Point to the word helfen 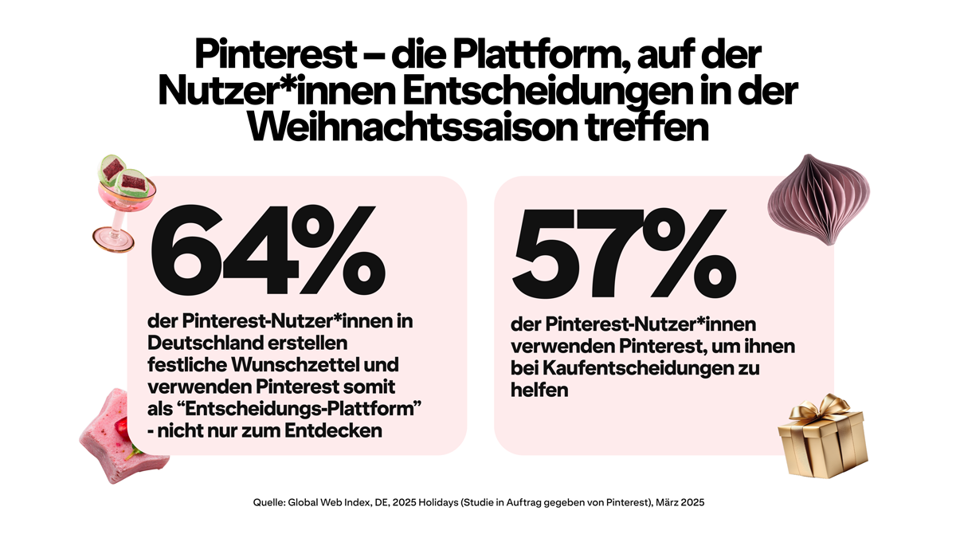pos(539,391)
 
